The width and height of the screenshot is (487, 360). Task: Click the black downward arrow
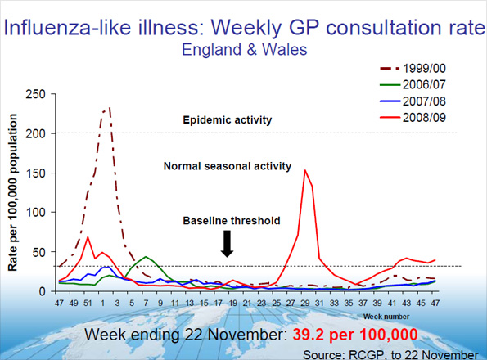click(x=228, y=243)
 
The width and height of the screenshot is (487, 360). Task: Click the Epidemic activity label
click(x=227, y=120)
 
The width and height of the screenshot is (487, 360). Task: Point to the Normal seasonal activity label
click(x=227, y=166)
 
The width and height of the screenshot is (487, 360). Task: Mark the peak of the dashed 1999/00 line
click(x=109, y=107)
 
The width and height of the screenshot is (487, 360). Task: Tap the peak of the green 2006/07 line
click(x=147, y=257)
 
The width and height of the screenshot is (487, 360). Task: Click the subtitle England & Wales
click(x=243, y=49)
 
